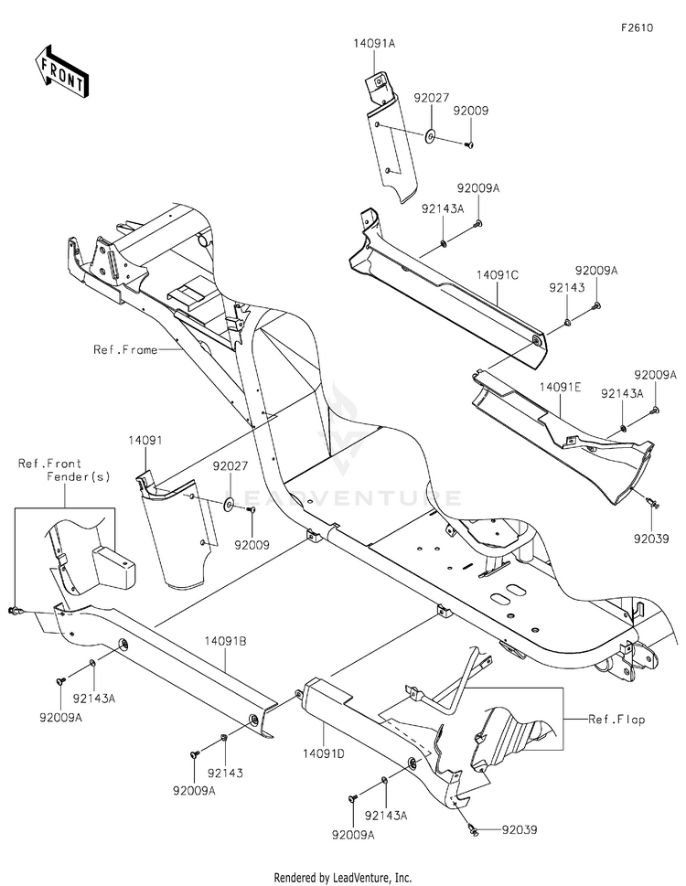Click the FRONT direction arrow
tap(61, 70)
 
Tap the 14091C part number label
tap(496, 273)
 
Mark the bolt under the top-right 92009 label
tap(467, 143)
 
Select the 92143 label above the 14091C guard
tap(567, 286)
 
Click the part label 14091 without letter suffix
tap(144, 441)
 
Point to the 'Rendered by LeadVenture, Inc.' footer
tap(343, 877)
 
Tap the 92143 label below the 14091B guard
tap(230, 774)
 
